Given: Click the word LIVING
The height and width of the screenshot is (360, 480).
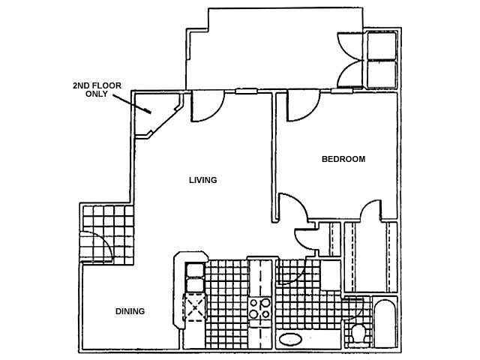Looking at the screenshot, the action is click(x=202, y=180).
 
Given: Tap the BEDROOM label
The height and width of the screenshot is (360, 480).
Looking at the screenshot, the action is click(x=343, y=159).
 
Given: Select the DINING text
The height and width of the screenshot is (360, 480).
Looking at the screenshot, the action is click(x=130, y=311).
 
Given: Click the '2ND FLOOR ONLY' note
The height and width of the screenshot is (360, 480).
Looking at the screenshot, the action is click(x=97, y=90).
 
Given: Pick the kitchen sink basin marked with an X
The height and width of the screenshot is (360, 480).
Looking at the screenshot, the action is click(x=195, y=308).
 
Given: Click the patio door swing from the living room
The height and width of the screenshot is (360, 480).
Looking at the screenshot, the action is click(x=206, y=106).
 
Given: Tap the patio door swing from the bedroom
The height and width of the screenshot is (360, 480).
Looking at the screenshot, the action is click(x=302, y=106).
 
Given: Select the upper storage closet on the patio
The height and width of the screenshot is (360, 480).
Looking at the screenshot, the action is click(x=382, y=45).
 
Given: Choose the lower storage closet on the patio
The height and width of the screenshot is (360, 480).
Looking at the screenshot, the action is click(x=382, y=73).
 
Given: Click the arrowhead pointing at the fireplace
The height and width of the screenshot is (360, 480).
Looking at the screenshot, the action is click(x=151, y=112).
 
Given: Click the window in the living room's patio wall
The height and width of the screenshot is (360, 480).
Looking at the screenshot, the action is click(x=245, y=91).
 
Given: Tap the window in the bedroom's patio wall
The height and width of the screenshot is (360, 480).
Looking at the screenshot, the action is click(x=342, y=91).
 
